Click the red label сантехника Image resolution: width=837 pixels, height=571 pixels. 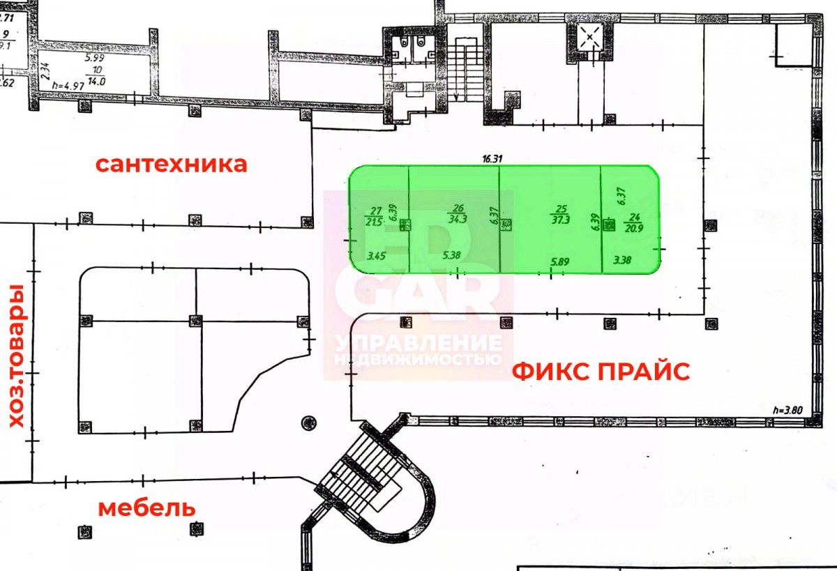click(171, 164)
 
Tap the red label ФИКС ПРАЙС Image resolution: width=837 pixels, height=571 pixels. click(601, 371)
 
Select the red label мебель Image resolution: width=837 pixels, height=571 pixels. click(146, 508)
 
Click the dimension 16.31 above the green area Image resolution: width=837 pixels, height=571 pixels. click(492, 158)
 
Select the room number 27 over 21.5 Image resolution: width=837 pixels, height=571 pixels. click(375, 215)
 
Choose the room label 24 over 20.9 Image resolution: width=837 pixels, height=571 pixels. click(635, 221)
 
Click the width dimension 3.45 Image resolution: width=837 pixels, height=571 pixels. click(377, 256)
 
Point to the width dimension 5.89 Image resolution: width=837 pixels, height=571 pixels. click(561, 261)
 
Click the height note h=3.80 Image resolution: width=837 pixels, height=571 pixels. click(789, 410)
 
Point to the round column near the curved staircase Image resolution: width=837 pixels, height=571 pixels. click(308, 422)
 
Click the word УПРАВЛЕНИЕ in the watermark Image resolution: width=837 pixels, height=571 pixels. click(418, 344)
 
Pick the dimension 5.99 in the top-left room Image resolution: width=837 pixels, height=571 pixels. click(93, 59)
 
